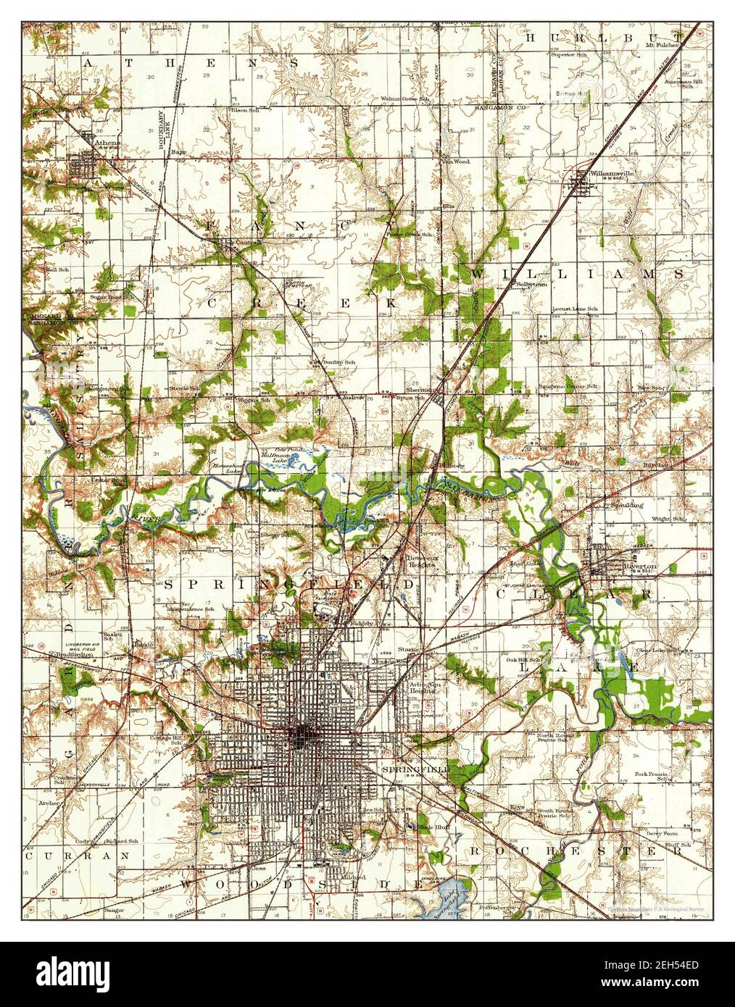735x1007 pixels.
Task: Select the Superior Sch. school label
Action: pyautogui.click(x=571, y=54)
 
